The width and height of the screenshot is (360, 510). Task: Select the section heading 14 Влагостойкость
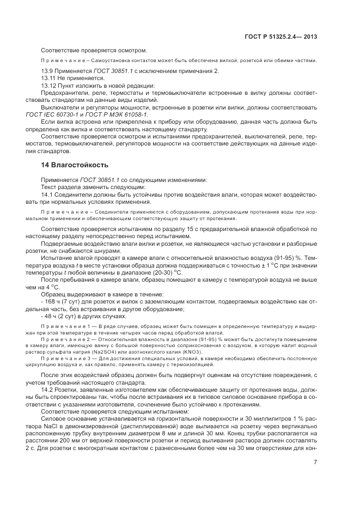tap(75, 165)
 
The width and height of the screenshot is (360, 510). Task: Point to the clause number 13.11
tap(50, 78)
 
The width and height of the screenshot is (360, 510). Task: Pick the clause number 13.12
tap(50, 85)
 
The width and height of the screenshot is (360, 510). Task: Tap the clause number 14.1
tap(48, 195)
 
